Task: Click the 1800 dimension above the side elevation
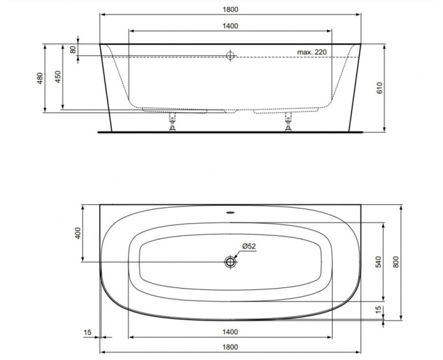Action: [230, 9]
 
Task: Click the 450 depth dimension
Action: [58, 76]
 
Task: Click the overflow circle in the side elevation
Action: [230, 55]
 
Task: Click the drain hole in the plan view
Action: [230, 262]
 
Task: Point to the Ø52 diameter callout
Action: [249, 247]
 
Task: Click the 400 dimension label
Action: [78, 233]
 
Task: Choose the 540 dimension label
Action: [378, 261]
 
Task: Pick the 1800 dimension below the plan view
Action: [230, 347]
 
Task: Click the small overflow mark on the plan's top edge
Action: [230, 210]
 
